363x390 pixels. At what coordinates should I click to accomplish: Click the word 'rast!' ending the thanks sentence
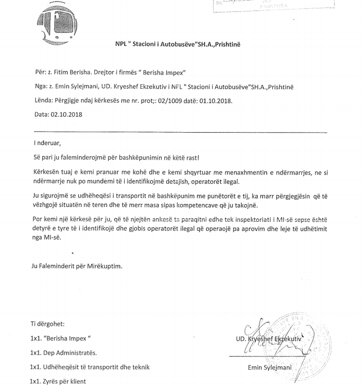192,157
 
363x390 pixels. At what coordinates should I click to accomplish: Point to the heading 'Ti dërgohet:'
48,324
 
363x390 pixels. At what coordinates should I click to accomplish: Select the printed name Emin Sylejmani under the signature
270,367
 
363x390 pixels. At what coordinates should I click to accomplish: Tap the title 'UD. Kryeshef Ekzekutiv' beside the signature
269,339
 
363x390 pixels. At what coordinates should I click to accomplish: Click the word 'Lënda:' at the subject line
43,101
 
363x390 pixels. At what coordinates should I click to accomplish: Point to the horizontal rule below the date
181,132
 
